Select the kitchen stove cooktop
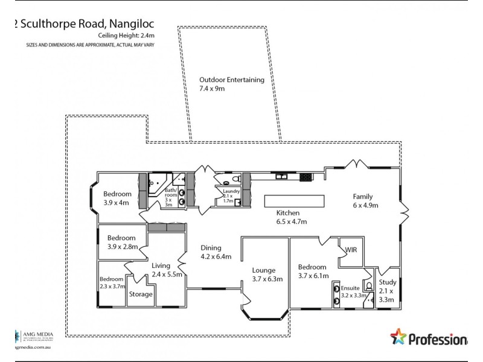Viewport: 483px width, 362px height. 305,177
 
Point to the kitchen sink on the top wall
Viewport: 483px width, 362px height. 281,177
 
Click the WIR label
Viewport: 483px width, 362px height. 351,249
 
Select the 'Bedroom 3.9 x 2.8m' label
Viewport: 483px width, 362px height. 121,243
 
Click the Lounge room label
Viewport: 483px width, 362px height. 264,275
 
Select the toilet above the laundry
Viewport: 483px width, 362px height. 227,180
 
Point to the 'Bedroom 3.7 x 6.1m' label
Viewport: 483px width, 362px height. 312,271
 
